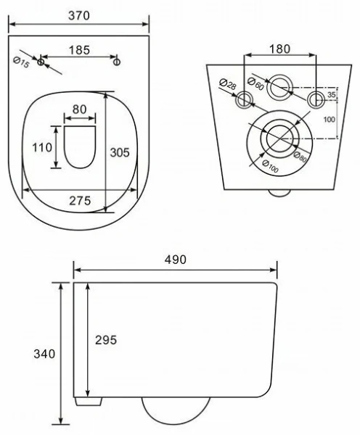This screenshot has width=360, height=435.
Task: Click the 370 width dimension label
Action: pos(79,16)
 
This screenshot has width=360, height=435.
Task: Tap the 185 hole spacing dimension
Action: pos(79,50)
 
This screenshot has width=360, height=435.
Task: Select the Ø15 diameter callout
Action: pos(21,62)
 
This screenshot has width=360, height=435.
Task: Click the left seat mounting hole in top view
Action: pos(41,62)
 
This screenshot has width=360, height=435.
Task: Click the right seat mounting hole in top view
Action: pos(117,62)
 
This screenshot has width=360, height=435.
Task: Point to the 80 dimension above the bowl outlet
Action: pos(79,109)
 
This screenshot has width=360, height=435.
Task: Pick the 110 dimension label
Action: pos(42,147)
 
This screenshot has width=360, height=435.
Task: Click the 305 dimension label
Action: pos(120,152)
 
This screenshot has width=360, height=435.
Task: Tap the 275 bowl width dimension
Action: pos(80,201)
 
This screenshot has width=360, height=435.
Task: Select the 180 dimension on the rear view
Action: pos(279,49)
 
